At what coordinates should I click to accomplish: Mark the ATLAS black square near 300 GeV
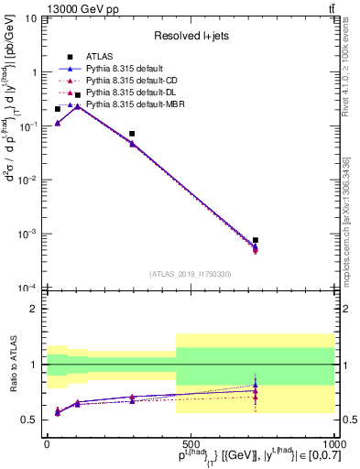coord(132,134)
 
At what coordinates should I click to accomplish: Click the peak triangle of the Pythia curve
coord(78,106)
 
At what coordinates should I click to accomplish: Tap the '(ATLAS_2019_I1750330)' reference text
coord(191,274)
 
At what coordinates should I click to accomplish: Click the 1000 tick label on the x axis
coord(333,442)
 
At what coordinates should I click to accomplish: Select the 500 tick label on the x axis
coord(190,442)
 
